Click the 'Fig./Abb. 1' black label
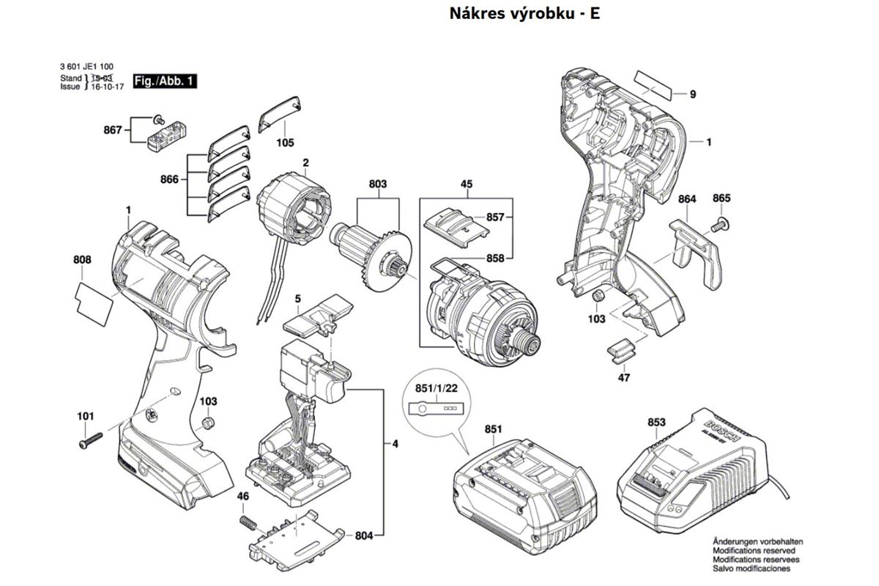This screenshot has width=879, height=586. click(x=165, y=81)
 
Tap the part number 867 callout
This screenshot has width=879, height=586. click(x=112, y=130)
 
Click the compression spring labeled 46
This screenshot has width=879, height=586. click(x=250, y=524)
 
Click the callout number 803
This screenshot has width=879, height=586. click(x=378, y=184)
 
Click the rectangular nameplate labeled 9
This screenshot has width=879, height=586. click(x=653, y=84)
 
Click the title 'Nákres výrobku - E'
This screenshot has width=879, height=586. click(x=524, y=14)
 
